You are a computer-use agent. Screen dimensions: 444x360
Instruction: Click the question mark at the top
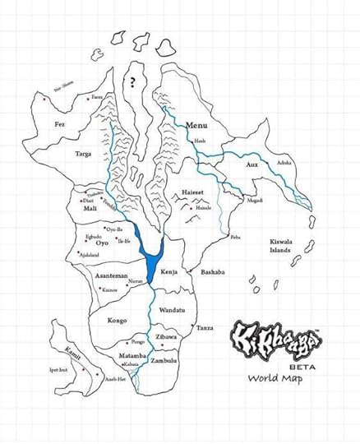coord(132,82)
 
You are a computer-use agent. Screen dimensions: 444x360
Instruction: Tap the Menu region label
coord(196,125)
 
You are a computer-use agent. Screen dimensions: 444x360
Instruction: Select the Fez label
coord(58,124)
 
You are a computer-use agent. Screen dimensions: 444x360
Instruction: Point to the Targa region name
coord(83,154)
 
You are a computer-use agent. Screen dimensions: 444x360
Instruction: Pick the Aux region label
coord(252,165)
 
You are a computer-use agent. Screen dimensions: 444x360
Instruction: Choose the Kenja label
coord(169,271)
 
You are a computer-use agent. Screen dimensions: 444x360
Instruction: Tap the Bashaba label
coord(213,271)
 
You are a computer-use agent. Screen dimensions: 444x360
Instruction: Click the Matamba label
coord(132,354)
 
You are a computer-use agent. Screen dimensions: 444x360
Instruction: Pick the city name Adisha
coord(284,164)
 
